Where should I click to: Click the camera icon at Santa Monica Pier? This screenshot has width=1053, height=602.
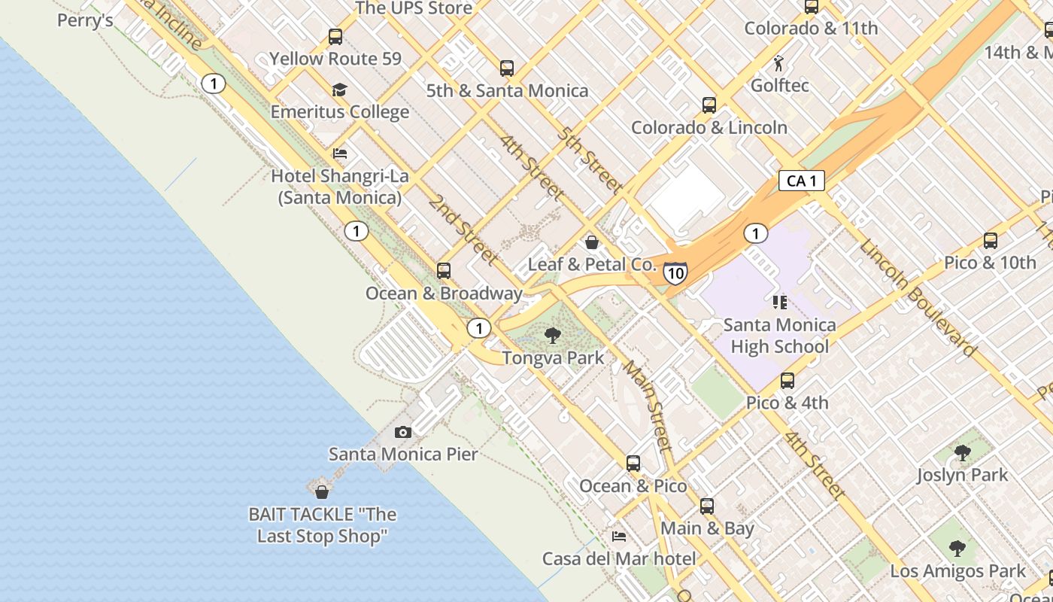(403, 432)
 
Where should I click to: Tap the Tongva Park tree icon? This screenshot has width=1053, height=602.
(553, 336)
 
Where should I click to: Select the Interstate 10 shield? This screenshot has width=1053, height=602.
(675, 272)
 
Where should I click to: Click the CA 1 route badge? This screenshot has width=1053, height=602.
(801, 181)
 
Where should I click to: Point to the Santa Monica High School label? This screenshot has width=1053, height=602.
(779, 336)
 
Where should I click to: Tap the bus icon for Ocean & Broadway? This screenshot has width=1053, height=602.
(444, 270)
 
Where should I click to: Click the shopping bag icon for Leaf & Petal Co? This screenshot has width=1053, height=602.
(592, 242)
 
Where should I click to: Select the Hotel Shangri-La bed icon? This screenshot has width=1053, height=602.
(340, 154)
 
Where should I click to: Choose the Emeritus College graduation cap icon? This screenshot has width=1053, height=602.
(340, 90)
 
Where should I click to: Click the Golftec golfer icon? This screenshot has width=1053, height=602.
(779, 63)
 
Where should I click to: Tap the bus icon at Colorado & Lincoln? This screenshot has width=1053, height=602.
(709, 105)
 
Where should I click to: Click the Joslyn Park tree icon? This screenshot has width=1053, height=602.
(962, 453)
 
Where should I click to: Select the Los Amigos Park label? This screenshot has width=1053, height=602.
(957, 571)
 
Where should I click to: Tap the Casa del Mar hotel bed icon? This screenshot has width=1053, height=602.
(619, 537)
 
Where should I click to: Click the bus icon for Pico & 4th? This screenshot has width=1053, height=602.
(787, 381)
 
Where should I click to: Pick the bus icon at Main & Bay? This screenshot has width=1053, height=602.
(707, 506)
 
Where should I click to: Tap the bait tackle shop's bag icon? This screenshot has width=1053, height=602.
(322, 492)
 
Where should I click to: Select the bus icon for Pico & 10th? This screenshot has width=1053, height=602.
(991, 241)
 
